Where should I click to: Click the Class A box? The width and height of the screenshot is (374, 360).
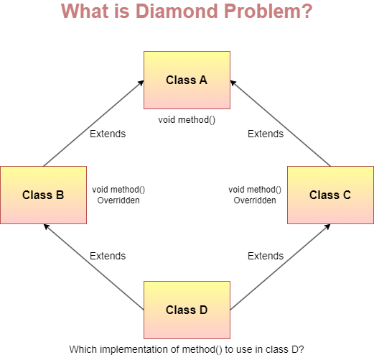[187, 79]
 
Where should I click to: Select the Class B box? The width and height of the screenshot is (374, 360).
[43, 194]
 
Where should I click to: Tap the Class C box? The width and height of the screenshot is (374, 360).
[330, 194]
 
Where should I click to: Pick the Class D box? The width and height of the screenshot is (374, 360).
[187, 310]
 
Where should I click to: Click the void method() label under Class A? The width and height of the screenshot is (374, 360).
[187, 119]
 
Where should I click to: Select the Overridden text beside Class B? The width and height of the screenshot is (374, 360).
[118, 200]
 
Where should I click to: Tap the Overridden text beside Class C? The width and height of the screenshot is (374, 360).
[255, 200]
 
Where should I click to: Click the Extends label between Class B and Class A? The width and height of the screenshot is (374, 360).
[108, 134]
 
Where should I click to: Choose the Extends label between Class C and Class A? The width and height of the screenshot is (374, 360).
[266, 134]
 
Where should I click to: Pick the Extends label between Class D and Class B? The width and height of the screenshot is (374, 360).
[108, 256]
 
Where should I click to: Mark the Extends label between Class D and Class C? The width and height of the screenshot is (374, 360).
[266, 256]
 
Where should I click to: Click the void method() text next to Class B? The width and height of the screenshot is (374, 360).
[118, 190]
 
